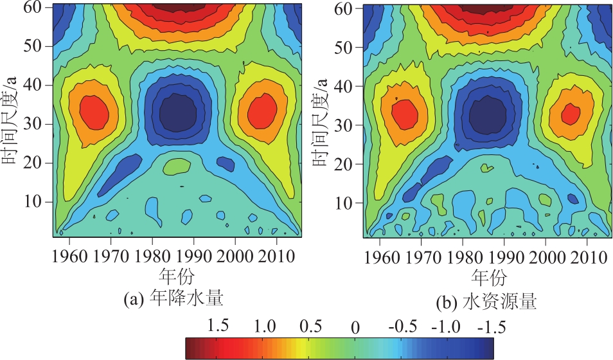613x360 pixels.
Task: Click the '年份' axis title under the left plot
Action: click(x=173, y=275)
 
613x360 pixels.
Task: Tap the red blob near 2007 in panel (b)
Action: click(x=570, y=114)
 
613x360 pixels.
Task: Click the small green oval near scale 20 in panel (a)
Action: click(x=177, y=166)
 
